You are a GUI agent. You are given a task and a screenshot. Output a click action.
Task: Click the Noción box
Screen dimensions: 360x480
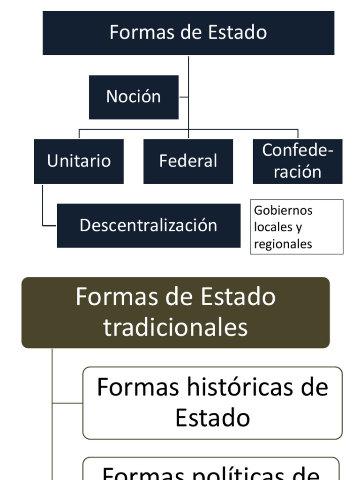click(134, 97)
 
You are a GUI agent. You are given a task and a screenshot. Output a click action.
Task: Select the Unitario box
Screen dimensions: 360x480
click(79, 161)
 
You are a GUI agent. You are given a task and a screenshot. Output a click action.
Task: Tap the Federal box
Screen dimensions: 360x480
click(188, 161)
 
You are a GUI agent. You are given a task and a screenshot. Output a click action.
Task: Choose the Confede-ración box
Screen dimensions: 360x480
click(298, 161)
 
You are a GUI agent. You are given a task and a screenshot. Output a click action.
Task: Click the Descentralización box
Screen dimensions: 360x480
click(148, 225)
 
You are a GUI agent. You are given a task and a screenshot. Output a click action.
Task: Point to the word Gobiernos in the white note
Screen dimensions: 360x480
click(283, 210)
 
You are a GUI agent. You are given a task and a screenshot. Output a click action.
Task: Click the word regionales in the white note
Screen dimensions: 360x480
click(283, 244)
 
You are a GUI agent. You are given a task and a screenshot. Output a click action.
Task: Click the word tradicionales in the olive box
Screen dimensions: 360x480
click(175, 327)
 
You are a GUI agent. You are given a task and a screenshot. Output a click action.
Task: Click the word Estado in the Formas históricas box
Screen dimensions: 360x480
click(212, 418)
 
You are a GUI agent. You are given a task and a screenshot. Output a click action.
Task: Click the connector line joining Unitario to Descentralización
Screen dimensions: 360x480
click(43, 206)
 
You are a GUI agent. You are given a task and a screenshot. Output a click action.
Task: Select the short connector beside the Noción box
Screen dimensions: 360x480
click(184, 97)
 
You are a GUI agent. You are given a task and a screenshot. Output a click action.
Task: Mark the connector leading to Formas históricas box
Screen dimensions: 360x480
click(67, 403)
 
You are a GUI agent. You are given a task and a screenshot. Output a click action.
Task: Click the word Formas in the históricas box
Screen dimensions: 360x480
click(138, 387)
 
